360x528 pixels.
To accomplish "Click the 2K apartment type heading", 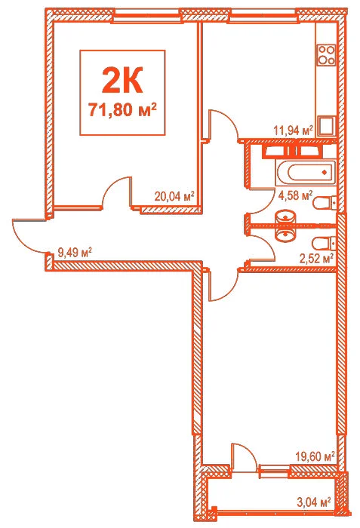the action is pos(122,80).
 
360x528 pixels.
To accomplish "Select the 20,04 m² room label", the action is pos(174,195).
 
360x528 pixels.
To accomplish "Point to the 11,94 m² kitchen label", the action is pos(294,130).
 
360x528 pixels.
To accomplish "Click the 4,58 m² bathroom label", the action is pos(296,195).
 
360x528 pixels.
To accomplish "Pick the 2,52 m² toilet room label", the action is pos(316,259).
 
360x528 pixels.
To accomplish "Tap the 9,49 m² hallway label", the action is pos(75,252).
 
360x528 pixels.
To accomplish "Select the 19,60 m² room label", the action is pos(315,456).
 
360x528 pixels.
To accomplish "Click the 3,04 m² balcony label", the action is pos(313,503).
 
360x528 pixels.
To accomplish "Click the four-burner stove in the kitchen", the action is pos(327,54).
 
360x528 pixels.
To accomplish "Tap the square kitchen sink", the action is pos(327,126).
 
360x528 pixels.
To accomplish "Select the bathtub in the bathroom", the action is pos(306,173).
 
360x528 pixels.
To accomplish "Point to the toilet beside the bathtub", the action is pos(325,203).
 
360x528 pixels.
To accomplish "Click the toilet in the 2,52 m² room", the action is pos(325,243).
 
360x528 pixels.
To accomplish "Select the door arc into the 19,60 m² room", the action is pos(230,291).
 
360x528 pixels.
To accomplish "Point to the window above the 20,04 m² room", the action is pos(146,16).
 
